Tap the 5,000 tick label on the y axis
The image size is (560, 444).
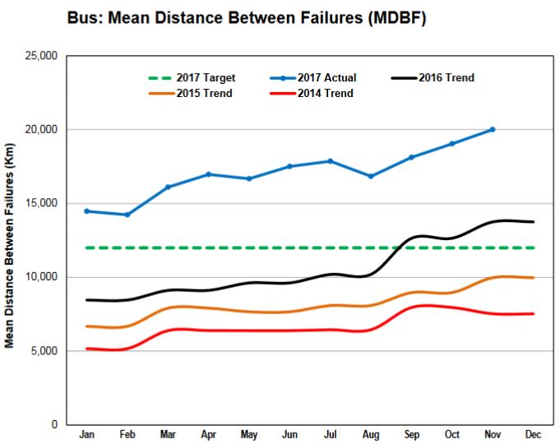pyautogui.click(x=44, y=351)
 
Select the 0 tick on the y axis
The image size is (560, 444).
pyautogui.click(x=53, y=425)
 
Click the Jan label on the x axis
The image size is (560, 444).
pyautogui.click(x=86, y=433)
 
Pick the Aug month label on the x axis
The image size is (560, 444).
pyautogui.click(x=371, y=433)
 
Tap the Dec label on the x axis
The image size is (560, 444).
pyautogui.click(x=534, y=433)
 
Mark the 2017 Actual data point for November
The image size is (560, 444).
pyautogui.click(x=493, y=129)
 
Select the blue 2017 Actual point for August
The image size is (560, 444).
pyautogui.click(x=371, y=176)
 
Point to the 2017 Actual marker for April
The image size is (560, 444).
pyautogui.click(x=208, y=174)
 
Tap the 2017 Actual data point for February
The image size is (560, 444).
pyautogui.click(x=126, y=215)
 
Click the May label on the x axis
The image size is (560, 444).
pyautogui.click(x=248, y=433)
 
